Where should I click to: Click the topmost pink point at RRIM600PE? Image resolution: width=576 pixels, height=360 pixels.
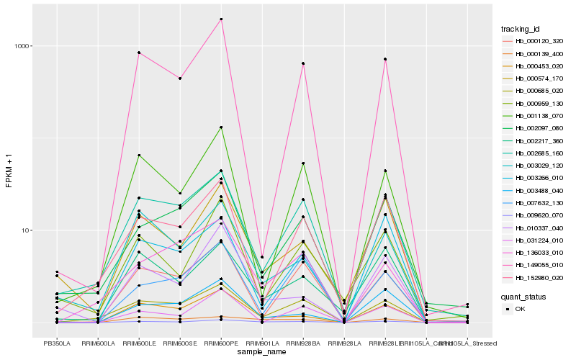point(221,19)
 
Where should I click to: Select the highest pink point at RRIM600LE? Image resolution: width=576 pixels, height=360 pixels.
point(139,53)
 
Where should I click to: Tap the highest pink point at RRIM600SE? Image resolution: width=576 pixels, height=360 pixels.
point(180,78)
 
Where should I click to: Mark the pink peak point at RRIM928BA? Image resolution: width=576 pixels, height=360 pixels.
point(304,64)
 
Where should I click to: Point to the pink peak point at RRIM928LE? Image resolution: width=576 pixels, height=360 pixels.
point(385,59)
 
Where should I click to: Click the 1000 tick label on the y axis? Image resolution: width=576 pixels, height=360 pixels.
point(24,46)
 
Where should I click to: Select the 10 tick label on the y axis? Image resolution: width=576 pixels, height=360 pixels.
point(27,230)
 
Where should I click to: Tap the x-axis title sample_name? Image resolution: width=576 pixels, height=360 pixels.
point(262,352)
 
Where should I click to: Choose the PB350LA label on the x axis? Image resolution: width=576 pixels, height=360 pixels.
point(57,343)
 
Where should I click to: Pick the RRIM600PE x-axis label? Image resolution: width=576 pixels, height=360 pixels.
point(221,343)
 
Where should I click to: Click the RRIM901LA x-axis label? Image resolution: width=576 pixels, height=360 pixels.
point(262,343)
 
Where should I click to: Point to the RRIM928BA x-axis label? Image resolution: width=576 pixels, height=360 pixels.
point(303,343)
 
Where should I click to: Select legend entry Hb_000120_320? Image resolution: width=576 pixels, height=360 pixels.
point(540,41)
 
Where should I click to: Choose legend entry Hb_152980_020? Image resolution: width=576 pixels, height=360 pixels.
point(540,278)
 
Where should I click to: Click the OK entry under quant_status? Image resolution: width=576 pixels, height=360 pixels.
point(521,308)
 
